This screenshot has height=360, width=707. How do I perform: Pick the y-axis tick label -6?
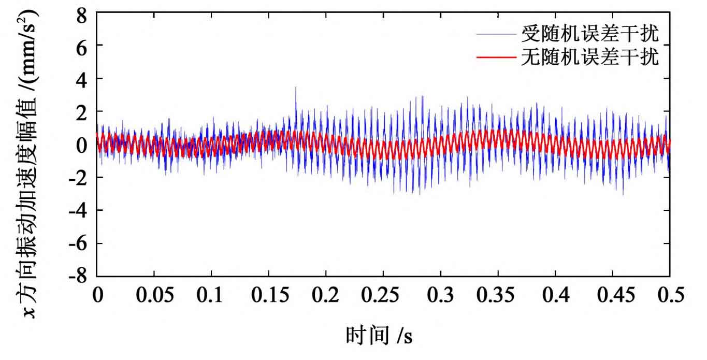coord(78,243)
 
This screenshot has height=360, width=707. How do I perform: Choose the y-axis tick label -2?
coord(78,178)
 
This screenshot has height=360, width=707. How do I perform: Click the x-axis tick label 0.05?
coord(154,296)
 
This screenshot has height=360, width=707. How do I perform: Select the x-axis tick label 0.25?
coord(383,296)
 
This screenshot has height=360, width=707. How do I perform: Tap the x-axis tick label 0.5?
coord(670,296)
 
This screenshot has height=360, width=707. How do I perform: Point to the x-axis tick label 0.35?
coord(498,296)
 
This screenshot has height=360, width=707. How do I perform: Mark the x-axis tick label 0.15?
coord(269,296)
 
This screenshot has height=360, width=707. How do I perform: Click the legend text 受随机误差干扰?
coord(590,35)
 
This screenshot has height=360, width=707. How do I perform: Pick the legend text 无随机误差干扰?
coord(590,57)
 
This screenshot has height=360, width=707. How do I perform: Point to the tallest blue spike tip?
coord(296,87)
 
